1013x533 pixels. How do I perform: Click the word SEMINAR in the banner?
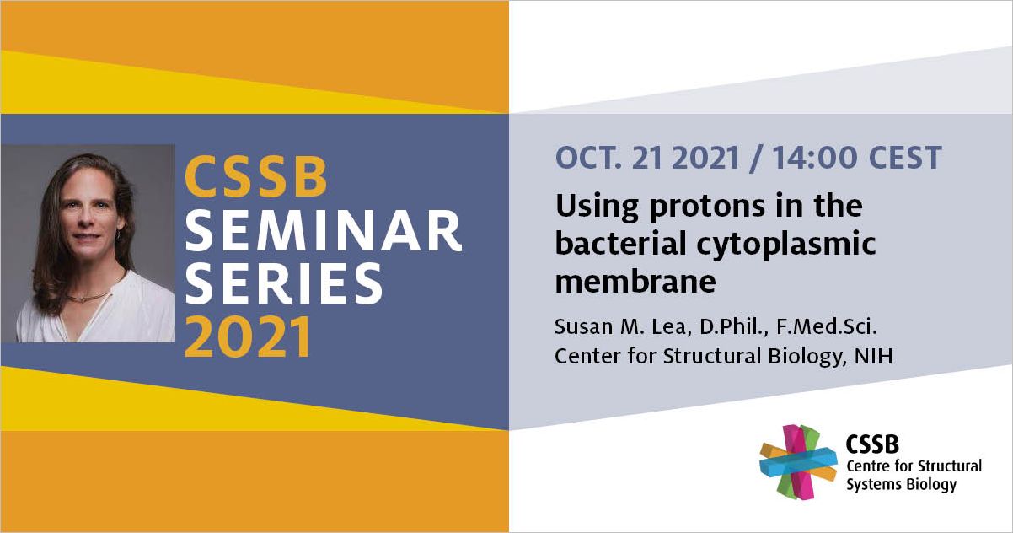pyautogui.click(x=324, y=231)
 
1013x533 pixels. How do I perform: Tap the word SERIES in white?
pyautogui.click(x=284, y=283)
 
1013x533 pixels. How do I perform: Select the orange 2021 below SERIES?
pyautogui.click(x=248, y=336)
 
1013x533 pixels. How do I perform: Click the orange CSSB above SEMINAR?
pyautogui.click(x=256, y=177)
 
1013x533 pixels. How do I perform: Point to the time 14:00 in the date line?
pyautogui.click(x=815, y=158)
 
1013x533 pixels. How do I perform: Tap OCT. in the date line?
pyautogui.click(x=588, y=158)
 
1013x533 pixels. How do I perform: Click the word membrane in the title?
pyautogui.click(x=635, y=282)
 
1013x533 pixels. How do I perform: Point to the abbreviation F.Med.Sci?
pyautogui.click(x=827, y=326)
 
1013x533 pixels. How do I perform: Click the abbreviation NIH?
pyautogui.click(x=874, y=356)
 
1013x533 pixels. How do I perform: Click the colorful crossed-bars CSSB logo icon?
pyautogui.click(x=798, y=462)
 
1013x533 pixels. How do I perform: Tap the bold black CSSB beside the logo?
pyautogui.click(x=872, y=444)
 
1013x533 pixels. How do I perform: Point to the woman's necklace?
pyautogui.click(x=90, y=297)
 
